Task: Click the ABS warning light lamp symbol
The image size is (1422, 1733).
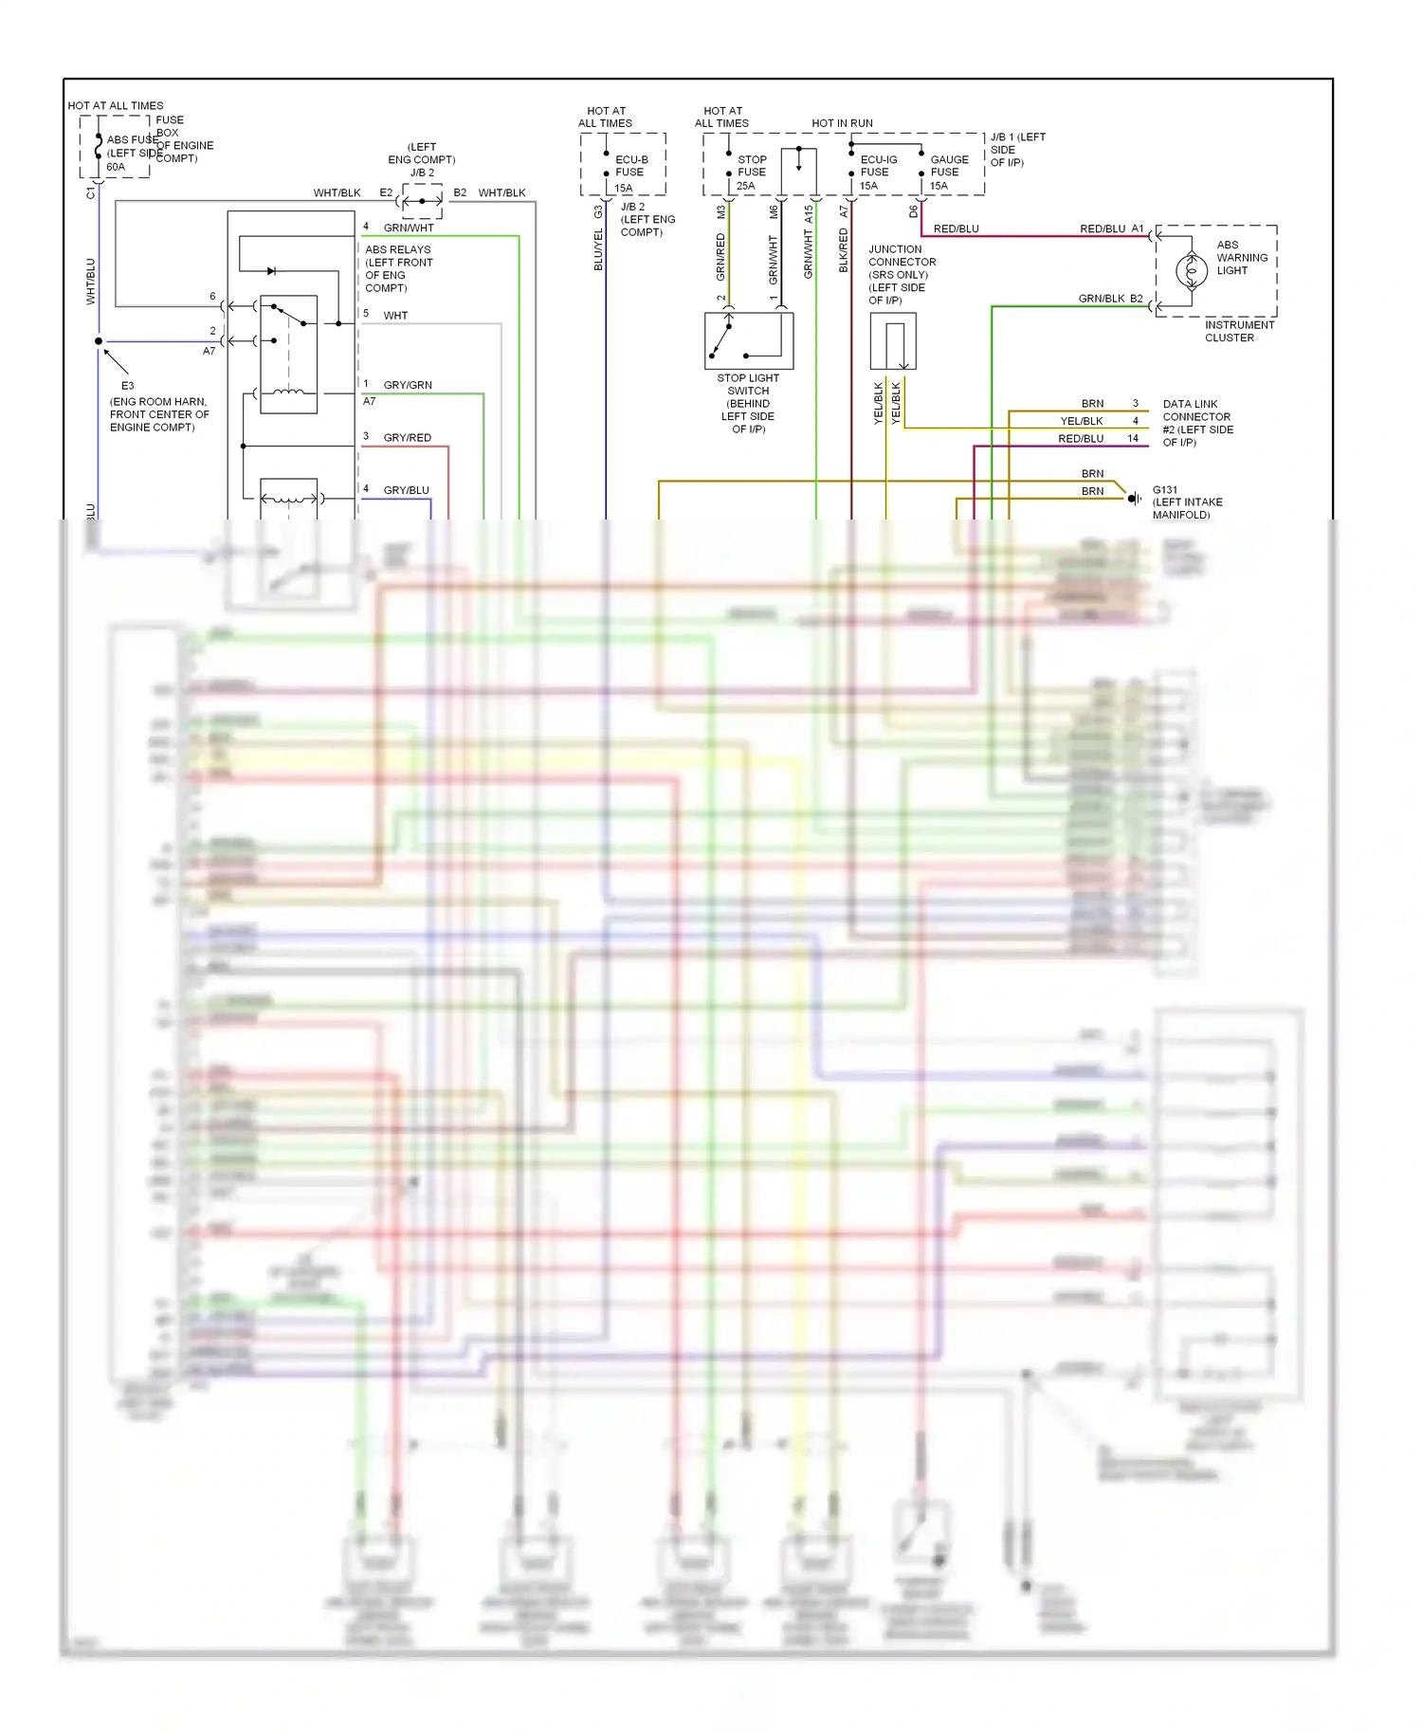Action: click(1191, 271)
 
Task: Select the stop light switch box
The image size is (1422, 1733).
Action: click(748, 340)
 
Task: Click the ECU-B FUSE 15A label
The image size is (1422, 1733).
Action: click(630, 173)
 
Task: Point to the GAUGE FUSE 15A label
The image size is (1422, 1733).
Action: click(948, 173)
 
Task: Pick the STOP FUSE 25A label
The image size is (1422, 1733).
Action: click(751, 173)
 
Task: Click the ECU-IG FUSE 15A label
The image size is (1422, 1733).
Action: click(877, 173)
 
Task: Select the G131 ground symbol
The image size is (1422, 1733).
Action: click(1133, 499)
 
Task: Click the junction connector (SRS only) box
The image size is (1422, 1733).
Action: click(892, 341)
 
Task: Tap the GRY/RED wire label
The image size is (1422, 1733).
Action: click(407, 438)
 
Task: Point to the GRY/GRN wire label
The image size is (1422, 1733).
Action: click(407, 385)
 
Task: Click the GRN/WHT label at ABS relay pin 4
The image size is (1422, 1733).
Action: click(408, 228)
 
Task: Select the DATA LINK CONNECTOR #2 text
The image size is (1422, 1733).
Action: click(1196, 423)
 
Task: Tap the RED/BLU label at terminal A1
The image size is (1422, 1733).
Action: click(1102, 228)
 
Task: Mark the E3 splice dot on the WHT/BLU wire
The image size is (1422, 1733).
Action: click(99, 341)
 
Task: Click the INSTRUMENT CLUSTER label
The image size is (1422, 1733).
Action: click(1238, 331)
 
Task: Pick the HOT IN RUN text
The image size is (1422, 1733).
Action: click(842, 123)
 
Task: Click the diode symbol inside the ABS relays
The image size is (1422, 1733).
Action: click(271, 271)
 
